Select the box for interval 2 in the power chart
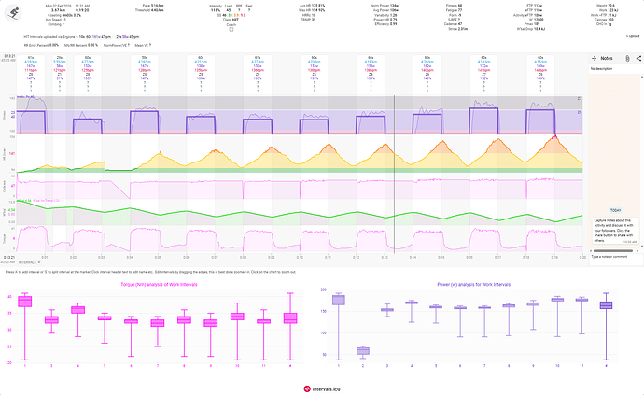pos(362,350)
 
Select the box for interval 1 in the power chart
pos(338,300)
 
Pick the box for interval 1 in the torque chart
pos(25,301)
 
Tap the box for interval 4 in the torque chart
pos(78,309)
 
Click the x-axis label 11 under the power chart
pos(581,364)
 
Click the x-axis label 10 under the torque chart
pos(236,364)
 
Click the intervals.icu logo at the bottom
pos(321,387)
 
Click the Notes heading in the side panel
pos(607,58)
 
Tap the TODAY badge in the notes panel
pos(615,209)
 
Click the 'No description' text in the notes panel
pos(606,68)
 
